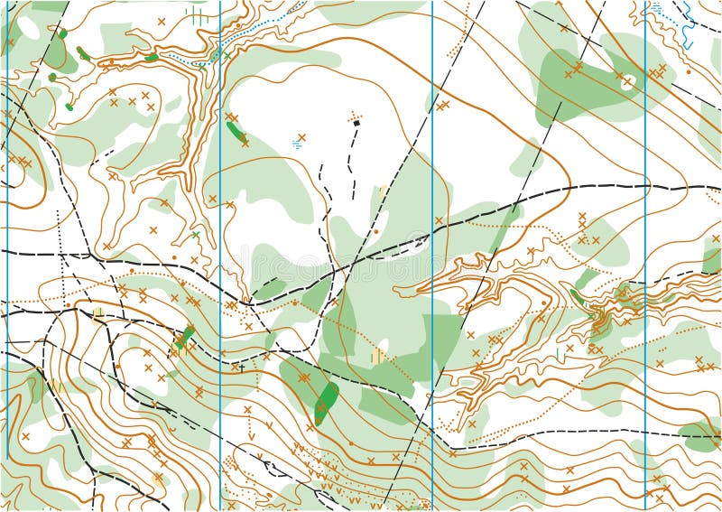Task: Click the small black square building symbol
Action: [x=356, y=123]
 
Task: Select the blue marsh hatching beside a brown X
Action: [x=296, y=144]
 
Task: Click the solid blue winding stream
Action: [x=688, y=27]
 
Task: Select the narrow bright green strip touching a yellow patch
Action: [x=184, y=338]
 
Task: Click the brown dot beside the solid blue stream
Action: [x=689, y=70]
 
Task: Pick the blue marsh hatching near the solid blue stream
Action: [x=656, y=7]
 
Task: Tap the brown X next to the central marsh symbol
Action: [x=302, y=137]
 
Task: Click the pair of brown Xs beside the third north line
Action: [x=442, y=106]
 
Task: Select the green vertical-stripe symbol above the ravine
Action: [x=197, y=13]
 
